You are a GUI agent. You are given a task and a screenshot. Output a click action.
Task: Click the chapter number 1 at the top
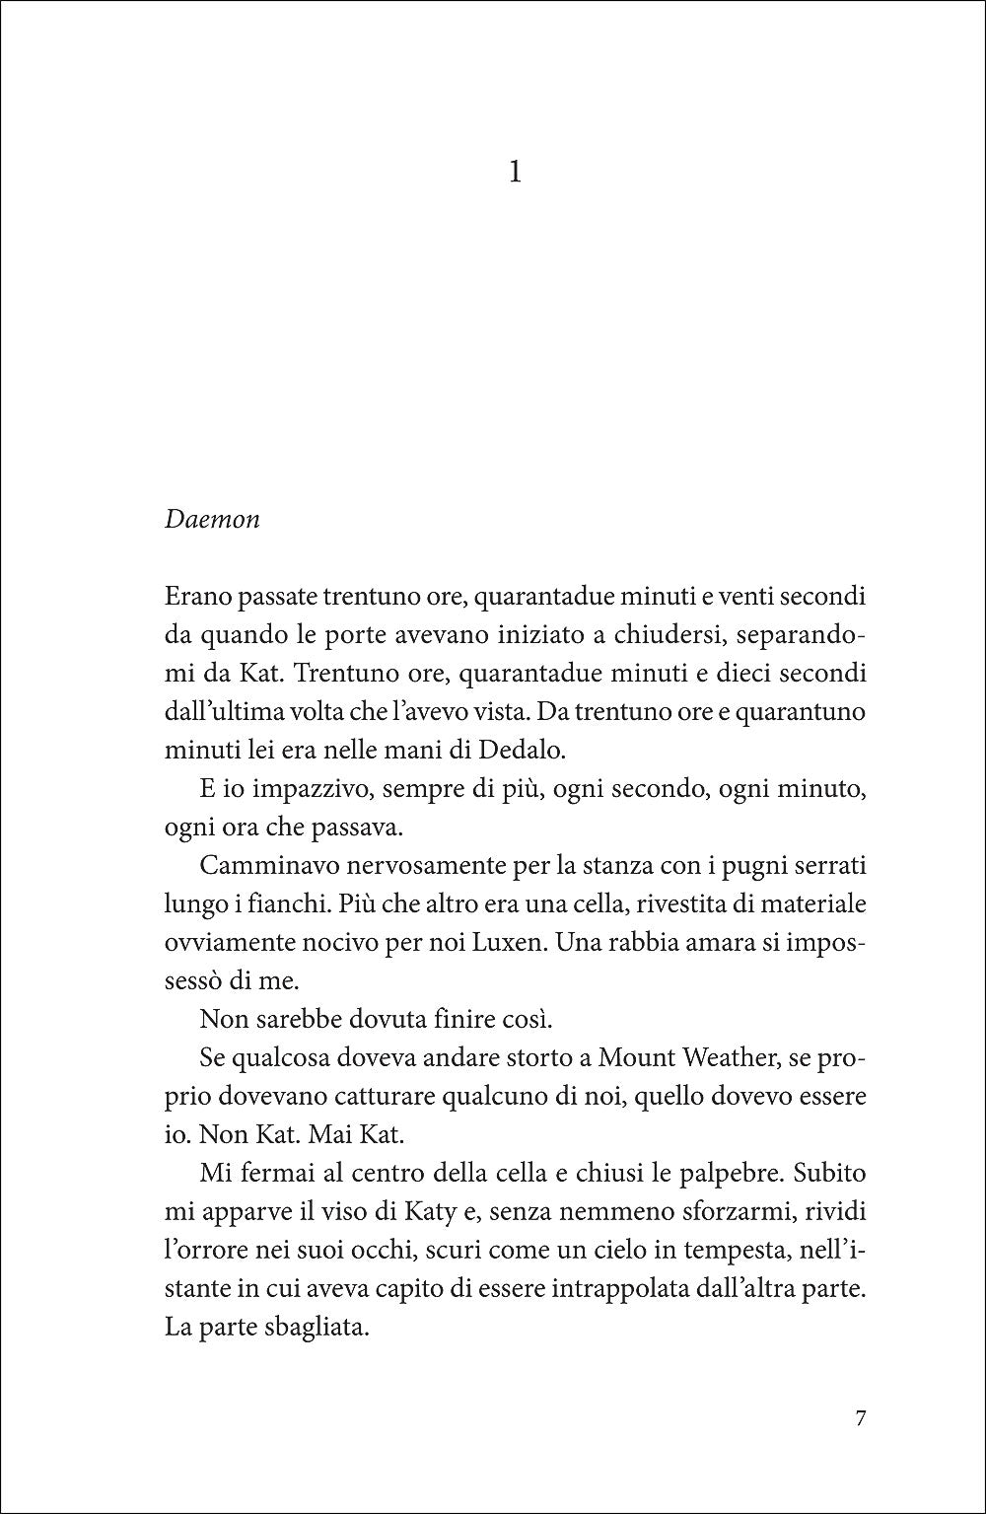coord(514,174)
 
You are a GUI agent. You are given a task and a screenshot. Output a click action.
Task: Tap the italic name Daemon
coord(211,519)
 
